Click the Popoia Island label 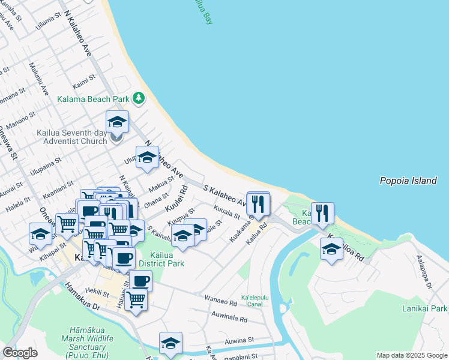(408, 181)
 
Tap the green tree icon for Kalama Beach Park (139, 98)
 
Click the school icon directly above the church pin (117, 121)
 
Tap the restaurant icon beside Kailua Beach (322, 214)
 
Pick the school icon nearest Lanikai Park (331, 248)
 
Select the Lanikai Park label (425, 308)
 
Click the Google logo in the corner (20, 353)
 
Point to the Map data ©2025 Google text (411, 355)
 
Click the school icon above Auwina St (170, 343)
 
